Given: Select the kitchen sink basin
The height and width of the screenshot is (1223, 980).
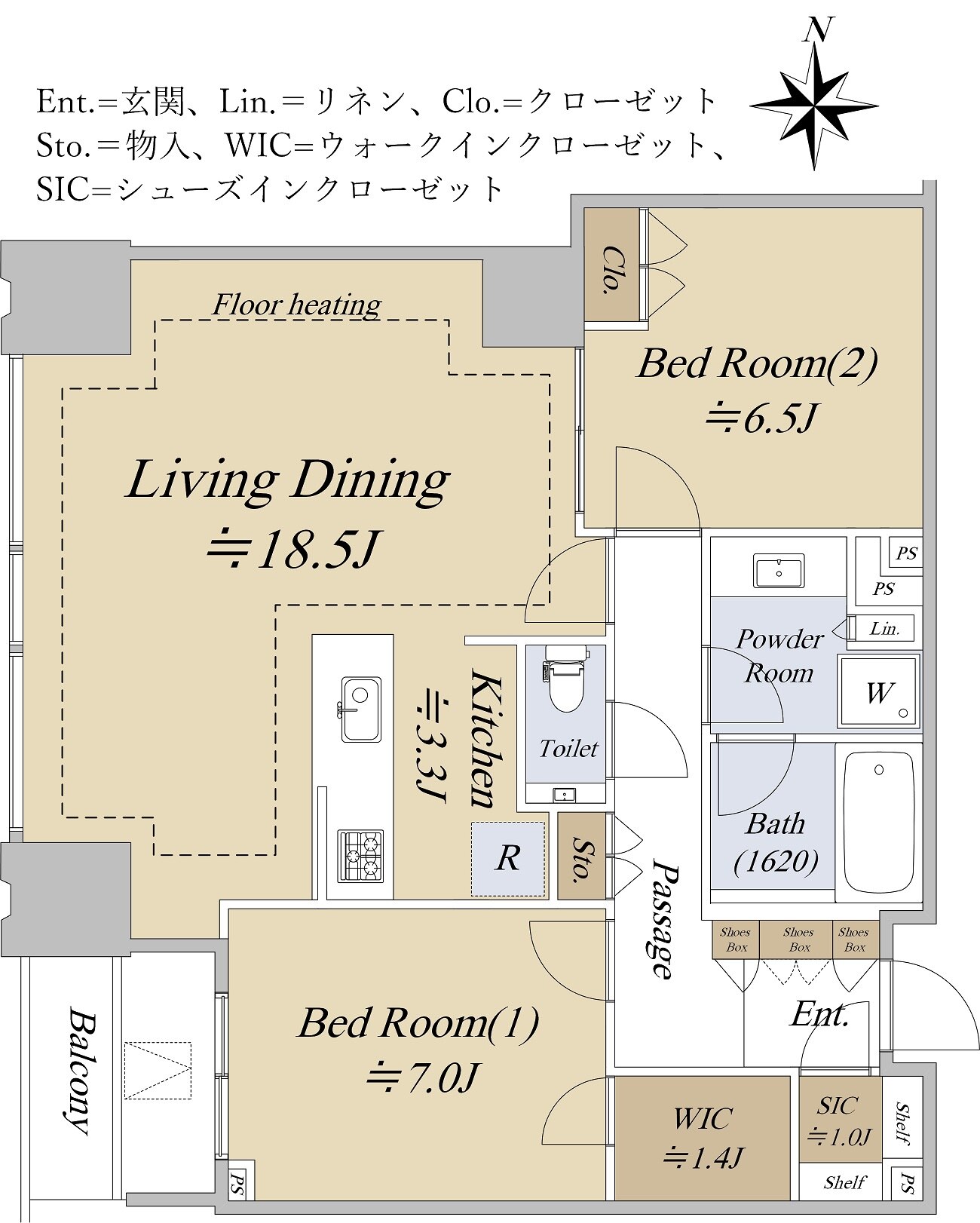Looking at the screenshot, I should click(361, 710).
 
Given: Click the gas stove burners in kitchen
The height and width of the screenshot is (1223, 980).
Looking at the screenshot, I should click(361, 856).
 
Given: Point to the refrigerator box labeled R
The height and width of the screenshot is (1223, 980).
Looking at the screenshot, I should click(507, 859).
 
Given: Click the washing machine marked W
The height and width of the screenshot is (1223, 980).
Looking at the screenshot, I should click(879, 691).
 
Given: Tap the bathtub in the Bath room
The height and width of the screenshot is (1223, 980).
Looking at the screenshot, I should click(879, 821).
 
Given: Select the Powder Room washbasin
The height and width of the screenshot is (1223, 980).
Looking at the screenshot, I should click(779, 571).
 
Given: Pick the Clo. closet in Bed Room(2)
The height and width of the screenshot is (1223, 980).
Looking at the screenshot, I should click(612, 268).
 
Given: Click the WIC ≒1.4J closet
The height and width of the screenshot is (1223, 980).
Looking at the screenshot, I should click(702, 1138).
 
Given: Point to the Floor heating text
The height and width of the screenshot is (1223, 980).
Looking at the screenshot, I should click(296, 305).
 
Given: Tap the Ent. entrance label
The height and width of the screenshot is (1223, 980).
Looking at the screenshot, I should click(819, 1015).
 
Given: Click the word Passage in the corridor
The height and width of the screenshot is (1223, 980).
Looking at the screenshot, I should click(664, 919).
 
